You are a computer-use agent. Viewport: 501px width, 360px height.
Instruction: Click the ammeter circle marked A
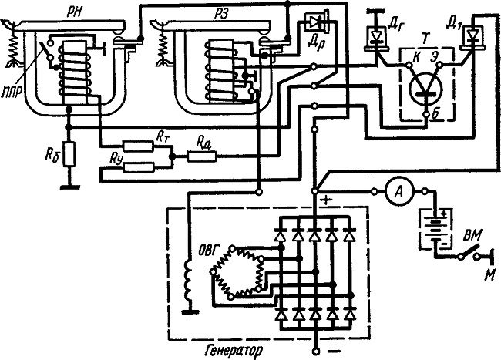coord(399,192)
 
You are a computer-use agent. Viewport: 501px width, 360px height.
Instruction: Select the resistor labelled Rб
coord(69,154)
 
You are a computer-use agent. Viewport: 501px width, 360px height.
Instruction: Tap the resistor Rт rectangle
coord(138,146)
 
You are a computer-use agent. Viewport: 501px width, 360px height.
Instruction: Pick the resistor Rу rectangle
coord(138,167)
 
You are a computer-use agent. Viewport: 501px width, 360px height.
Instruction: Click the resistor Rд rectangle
coord(202,156)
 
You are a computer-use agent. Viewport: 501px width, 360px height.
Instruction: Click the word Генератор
coord(234,351)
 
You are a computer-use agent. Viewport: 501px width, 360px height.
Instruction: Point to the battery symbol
coord(435,229)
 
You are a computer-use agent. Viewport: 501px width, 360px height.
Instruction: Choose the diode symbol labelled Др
coord(318,22)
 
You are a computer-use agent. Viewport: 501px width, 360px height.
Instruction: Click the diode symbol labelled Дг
coord(376,39)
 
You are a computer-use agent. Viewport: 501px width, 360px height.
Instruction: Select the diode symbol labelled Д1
coord(472,38)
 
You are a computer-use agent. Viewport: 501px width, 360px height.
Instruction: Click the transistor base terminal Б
coord(426,114)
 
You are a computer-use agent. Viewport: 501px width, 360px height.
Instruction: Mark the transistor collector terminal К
coord(409,66)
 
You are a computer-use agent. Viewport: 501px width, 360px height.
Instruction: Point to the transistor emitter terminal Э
coord(440,66)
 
